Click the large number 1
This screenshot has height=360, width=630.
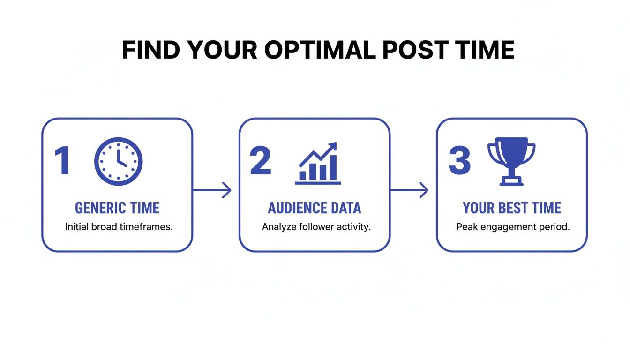pyautogui.click(x=62, y=161)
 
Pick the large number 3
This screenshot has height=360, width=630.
pyautogui.click(x=459, y=161)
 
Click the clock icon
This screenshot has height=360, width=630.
pyautogui.click(x=119, y=161)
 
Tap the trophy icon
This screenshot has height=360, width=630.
pyautogui.click(x=511, y=161)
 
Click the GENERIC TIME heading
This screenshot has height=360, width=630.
pyautogui.click(x=117, y=208)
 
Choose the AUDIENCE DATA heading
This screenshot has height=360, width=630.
pyautogui.click(x=315, y=208)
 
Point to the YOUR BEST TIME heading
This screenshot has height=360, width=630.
pyautogui.click(x=512, y=208)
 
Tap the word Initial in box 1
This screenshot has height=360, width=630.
pyautogui.click(x=75, y=227)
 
